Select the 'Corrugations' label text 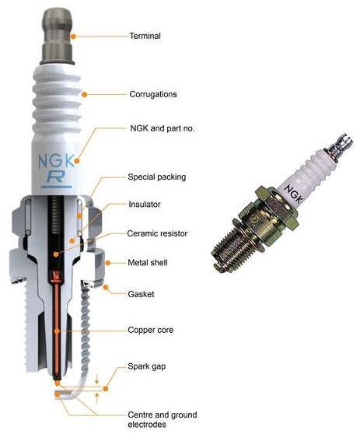tap(153, 94)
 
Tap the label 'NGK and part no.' tap(161, 128)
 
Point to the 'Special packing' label tap(156, 177)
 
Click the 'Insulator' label tap(145, 205)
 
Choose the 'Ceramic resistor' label tap(157, 233)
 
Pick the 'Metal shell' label tap(148, 263)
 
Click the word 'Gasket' tap(142, 293)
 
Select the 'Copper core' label tap(151, 331)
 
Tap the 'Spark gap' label tap(148, 366)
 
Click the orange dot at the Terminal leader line tap(72, 35)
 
